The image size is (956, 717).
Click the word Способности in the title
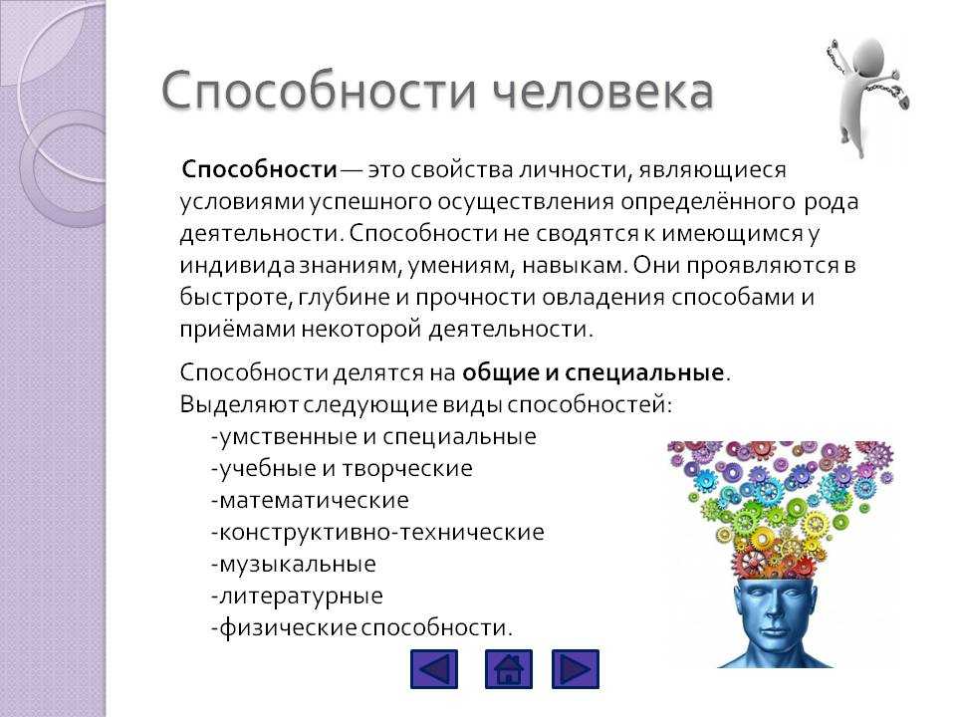click(x=319, y=92)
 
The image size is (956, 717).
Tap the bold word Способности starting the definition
click(x=259, y=169)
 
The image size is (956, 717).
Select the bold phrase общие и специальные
click(x=593, y=372)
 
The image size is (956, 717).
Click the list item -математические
click(x=310, y=500)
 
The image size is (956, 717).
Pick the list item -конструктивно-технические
click(x=377, y=532)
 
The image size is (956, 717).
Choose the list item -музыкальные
click(x=293, y=565)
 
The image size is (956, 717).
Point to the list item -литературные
click(x=297, y=596)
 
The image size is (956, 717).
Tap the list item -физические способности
click(x=361, y=628)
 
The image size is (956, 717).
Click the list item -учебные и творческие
click(x=342, y=468)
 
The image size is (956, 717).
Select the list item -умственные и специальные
click(x=373, y=436)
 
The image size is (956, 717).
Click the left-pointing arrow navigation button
click(x=434, y=669)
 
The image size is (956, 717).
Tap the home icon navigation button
click(x=509, y=669)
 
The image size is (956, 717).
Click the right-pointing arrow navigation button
click(x=576, y=669)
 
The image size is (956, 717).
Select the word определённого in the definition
click(x=708, y=203)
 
